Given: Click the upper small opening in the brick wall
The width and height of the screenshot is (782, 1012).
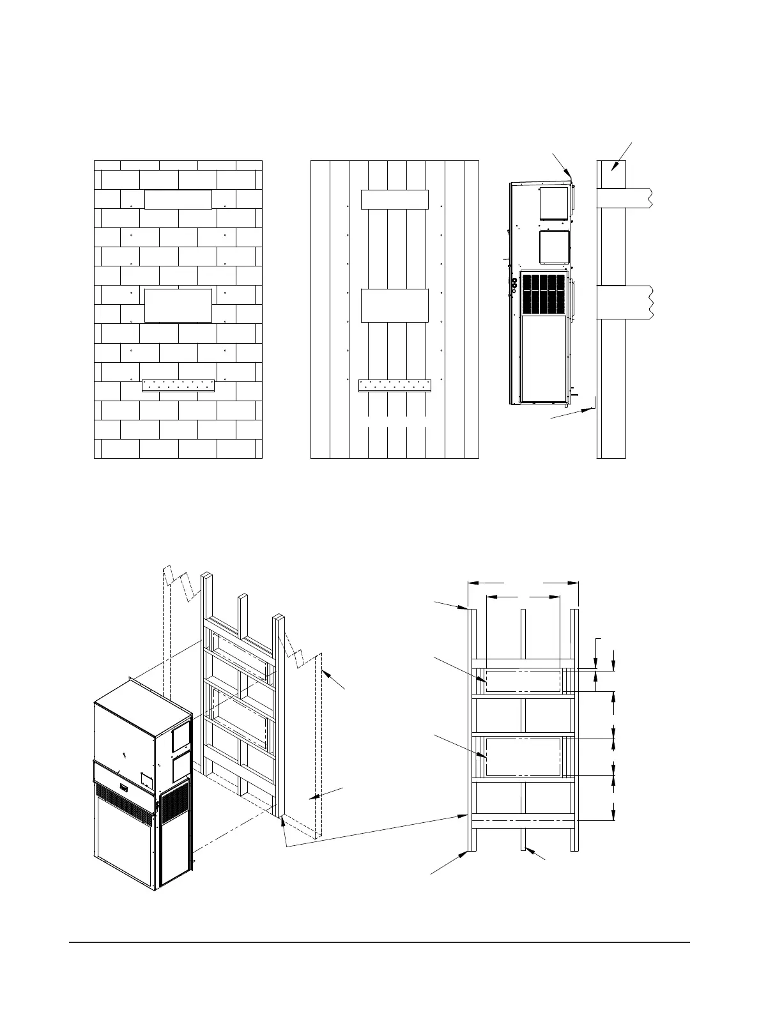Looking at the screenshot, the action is click(x=178, y=199).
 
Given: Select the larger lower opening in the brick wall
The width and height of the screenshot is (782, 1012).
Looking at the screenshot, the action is click(x=178, y=305).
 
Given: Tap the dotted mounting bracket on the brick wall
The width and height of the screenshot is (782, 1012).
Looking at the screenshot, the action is click(x=178, y=386).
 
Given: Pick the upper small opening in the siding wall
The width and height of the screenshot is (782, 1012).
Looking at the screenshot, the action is click(x=394, y=199).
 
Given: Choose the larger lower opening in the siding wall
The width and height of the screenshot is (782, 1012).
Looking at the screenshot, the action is click(x=394, y=305).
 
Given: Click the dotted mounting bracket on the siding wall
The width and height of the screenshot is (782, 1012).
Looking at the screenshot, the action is click(x=395, y=386).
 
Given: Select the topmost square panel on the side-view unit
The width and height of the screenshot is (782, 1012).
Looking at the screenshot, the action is click(x=554, y=203).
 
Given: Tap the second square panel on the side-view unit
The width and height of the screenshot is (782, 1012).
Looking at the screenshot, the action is click(x=554, y=247).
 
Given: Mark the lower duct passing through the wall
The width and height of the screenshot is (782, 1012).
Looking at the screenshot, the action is click(x=624, y=302).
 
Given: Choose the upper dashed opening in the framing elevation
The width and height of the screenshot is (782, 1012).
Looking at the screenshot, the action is click(x=523, y=681).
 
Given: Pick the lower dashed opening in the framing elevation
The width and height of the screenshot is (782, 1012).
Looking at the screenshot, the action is click(x=523, y=756).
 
